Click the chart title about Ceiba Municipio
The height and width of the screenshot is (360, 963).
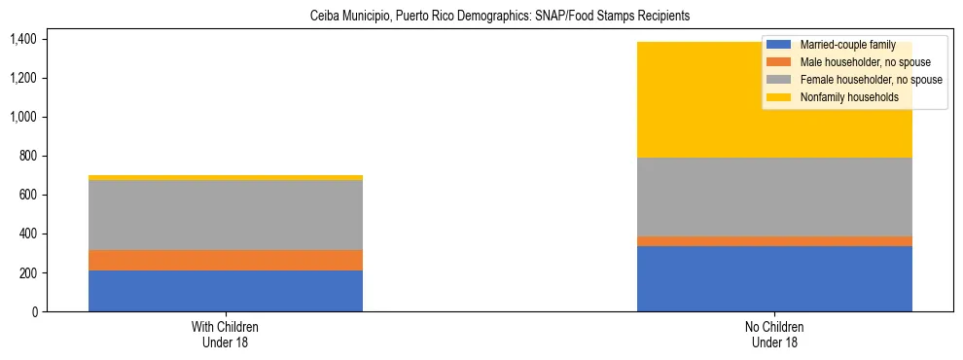pos(499,17)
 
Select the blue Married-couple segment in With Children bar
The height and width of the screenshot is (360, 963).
pos(226,291)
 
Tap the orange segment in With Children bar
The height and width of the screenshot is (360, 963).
pos(226,260)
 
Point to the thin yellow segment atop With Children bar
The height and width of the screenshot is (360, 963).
pos(226,177)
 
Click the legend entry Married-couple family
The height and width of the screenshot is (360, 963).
pos(846,45)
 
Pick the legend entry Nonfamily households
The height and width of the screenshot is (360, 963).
pos(842,97)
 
